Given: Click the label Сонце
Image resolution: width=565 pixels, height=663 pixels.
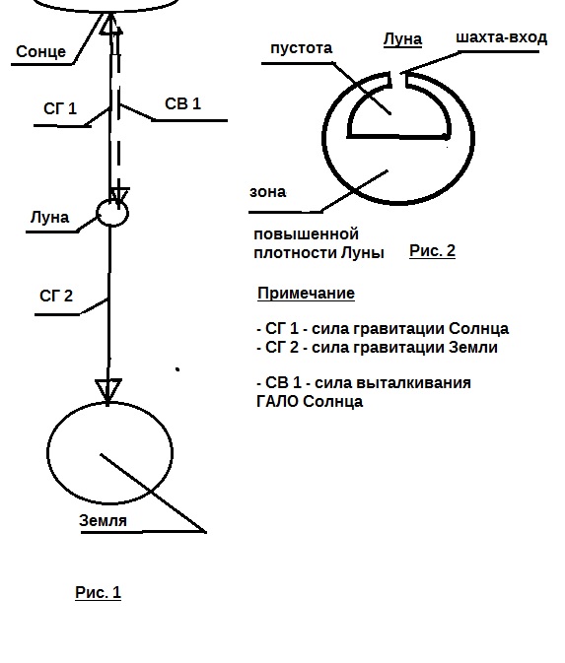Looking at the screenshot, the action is (x=41, y=51).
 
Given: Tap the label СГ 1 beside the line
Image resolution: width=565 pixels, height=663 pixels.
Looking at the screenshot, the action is (x=60, y=108).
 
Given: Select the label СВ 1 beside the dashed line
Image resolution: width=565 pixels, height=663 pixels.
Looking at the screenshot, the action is (x=182, y=103).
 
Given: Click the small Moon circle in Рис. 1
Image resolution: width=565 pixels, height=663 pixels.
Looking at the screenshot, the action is (x=112, y=213).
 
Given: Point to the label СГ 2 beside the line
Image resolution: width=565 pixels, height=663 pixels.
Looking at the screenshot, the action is (x=56, y=296).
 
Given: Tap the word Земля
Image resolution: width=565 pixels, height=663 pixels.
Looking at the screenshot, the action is (x=103, y=520).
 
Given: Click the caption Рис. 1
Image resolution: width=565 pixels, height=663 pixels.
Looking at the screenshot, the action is (x=99, y=592).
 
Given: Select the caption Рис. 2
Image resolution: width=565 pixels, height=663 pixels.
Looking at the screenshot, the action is (x=432, y=251).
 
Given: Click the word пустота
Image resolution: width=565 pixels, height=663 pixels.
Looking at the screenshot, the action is (x=302, y=48).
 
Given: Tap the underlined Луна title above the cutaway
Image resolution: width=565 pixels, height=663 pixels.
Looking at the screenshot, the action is (x=402, y=39).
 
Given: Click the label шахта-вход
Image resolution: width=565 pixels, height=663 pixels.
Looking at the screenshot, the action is (x=502, y=37).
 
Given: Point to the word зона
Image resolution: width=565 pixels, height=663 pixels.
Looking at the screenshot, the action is (x=268, y=192).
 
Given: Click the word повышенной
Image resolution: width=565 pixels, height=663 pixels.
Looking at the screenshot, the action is (x=306, y=233).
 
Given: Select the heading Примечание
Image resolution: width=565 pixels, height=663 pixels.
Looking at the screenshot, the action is (x=306, y=293).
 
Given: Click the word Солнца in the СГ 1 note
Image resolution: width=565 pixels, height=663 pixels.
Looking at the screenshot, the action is (x=478, y=328).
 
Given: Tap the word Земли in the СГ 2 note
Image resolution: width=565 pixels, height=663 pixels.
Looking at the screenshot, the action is (x=473, y=347).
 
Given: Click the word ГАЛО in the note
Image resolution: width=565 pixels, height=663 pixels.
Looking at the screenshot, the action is (x=278, y=401).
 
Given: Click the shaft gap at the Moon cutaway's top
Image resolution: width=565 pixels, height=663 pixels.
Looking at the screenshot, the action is (x=397, y=81).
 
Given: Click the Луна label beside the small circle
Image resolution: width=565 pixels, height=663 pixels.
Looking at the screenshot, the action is (x=49, y=218).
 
